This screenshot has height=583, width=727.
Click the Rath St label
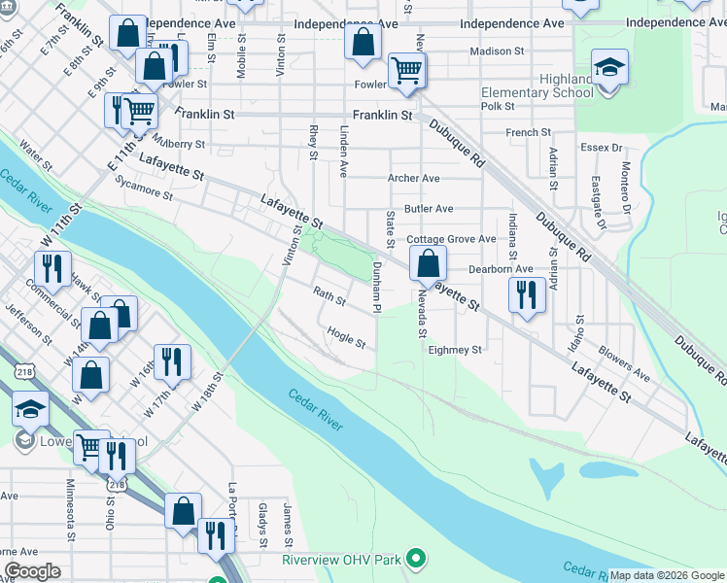tap(329, 293)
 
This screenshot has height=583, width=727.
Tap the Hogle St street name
tap(346, 337)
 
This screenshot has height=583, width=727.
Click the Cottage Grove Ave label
tap(451, 239)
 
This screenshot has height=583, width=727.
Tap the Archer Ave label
tap(414, 179)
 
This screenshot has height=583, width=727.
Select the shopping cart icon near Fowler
tap(405, 70)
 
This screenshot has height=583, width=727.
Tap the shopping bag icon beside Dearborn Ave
tap(428, 262)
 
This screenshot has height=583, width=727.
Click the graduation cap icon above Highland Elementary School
tap(609, 67)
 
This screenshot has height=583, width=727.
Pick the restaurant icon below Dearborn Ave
tap(527, 294)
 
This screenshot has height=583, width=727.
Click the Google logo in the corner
tap(32, 571)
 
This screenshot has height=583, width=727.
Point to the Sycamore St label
tap(144, 188)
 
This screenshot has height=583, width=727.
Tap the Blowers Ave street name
tap(624, 360)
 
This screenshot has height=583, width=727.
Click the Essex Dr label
tap(603, 148)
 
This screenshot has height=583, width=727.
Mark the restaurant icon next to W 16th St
tap(172, 361)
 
